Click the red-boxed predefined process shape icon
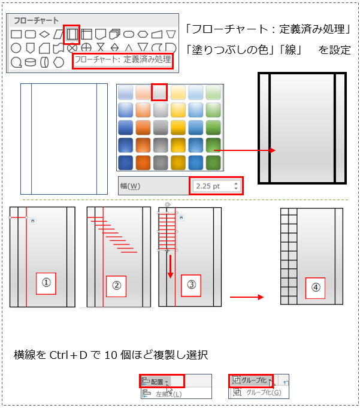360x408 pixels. [x=71, y=34]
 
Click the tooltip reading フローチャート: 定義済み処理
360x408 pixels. [x=123, y=60]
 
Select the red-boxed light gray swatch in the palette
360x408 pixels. [x=159, y=92]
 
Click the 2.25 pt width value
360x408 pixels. [x=208, y=186]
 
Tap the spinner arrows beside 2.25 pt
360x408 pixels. [x=236, y=186]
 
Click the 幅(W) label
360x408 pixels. [x=131, y=186]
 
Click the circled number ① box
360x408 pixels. [x=46, y=283]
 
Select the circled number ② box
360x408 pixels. [x=116, y=286]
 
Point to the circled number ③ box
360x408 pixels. [x=191, y=285]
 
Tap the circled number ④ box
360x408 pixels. [x=315, y=288]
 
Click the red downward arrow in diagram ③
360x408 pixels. [x=170, y=267]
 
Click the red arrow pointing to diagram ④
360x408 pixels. [x=247, y=297]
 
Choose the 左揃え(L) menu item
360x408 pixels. [x=169, y=394]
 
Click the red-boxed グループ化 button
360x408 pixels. [x=251, y=380]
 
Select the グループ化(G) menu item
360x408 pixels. [x=264, y=392]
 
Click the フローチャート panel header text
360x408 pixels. [x=36, y=20]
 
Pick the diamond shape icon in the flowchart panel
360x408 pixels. [x=44, y=34]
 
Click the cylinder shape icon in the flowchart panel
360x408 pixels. [x=30, y=62]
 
